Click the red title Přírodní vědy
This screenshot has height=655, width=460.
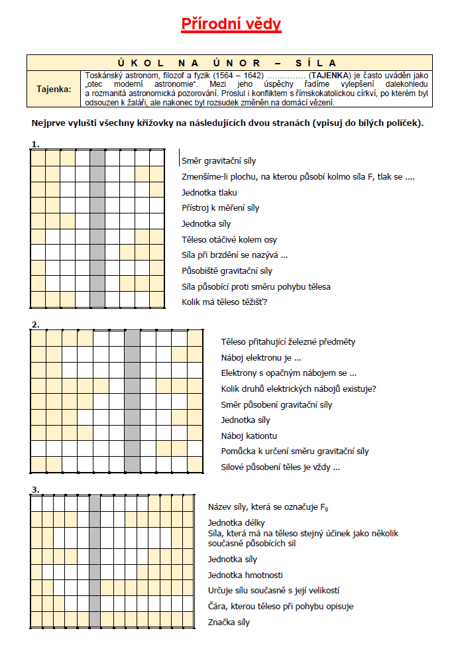(231, 25)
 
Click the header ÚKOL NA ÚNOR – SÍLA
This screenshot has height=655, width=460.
(229, 62)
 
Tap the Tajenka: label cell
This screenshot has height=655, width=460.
(54, 88)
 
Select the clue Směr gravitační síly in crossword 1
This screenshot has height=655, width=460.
(219, 161)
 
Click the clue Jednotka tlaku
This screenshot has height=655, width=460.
(209, 193)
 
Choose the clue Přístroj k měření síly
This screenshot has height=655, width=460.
(221, 208)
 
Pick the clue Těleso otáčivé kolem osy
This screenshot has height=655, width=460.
(229, 239)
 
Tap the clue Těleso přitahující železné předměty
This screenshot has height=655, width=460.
(288, 342)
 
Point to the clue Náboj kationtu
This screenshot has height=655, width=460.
(249, 436)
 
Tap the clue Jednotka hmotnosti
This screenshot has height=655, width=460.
(245, 575)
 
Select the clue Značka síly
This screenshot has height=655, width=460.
(229, 623)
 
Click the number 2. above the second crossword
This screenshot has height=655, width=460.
(35, 325)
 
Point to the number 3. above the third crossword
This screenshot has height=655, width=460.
(35, 490)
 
